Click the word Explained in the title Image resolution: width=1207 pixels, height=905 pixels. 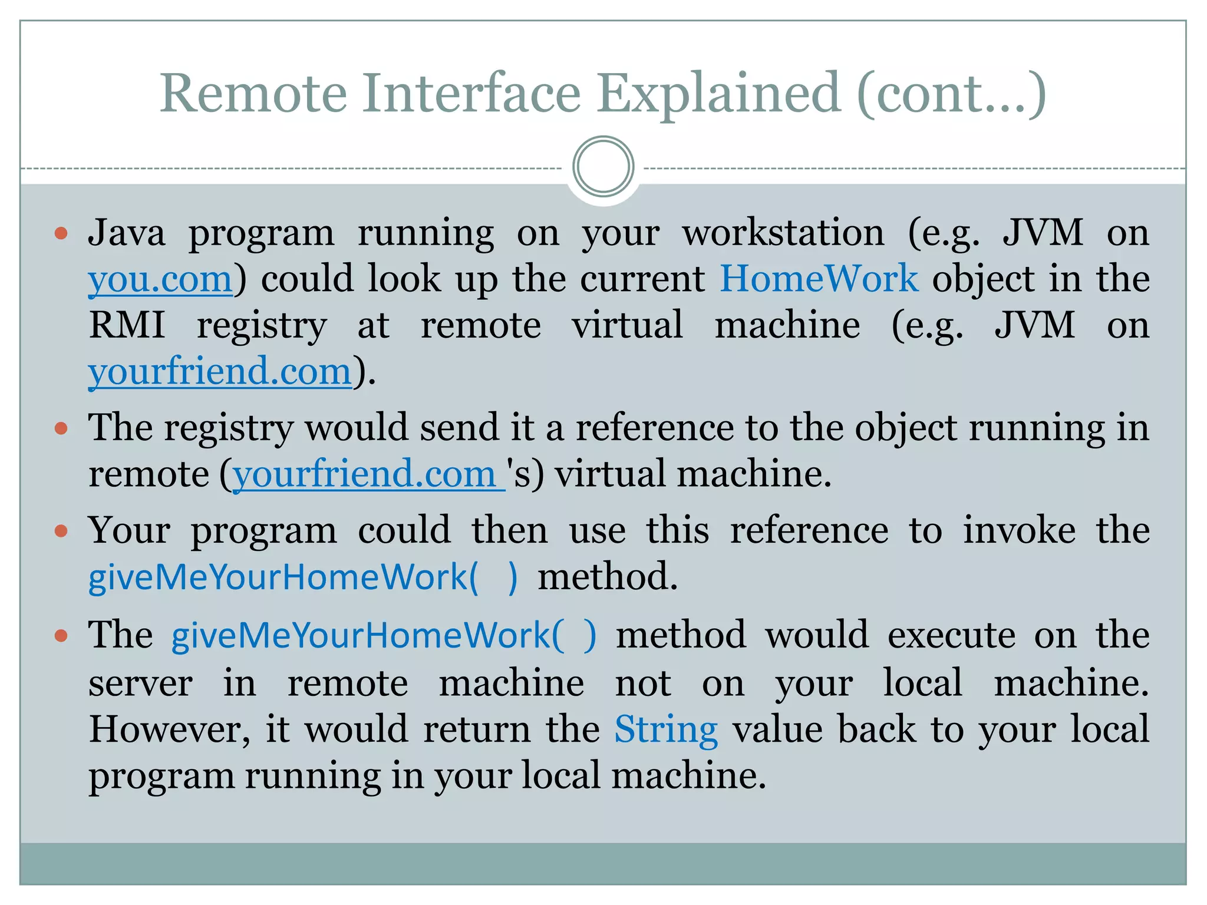click(718, 94)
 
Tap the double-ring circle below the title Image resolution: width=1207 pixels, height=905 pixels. click(603, 167)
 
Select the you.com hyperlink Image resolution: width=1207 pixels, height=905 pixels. click(160, 279)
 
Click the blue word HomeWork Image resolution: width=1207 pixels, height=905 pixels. click(819, 279)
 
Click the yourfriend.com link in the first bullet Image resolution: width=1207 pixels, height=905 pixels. click(220, 372)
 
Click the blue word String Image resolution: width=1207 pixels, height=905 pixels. click(666, 729)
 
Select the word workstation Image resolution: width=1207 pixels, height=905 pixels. click(783, 233)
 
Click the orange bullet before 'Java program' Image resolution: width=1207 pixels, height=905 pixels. click(61, 233)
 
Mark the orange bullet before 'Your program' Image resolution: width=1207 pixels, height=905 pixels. click(61, 531)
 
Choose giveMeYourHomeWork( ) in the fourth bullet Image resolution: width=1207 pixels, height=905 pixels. click(384, 636)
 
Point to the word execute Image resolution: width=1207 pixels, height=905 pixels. click(951, 636)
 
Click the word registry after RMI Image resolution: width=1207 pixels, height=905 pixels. click(261, 326)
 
